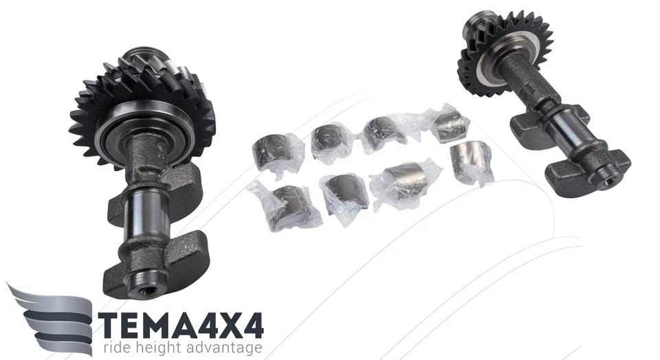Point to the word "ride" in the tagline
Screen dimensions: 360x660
point(116,348)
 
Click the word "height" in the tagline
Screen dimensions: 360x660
point(162,348)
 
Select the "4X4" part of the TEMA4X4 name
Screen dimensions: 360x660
point(226,324)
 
